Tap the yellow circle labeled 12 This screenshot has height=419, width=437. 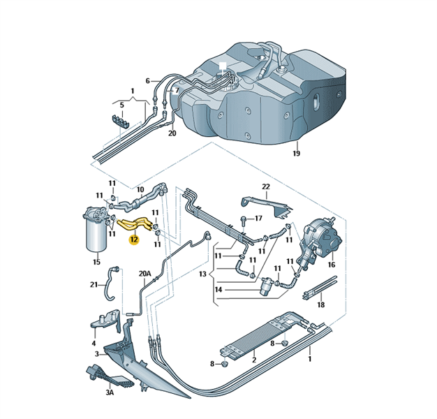(x=134, y=240)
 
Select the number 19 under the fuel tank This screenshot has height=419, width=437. (x=296, y=154)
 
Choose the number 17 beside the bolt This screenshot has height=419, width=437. (x=258, y=219)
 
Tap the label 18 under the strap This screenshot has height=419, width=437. (x=321, y=304)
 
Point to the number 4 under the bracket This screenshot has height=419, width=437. (x=94, y=344)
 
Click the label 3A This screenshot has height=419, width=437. (x=110, y=393)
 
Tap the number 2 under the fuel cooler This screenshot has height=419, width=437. (x=255, y=360)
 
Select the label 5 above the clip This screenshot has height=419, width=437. (x=121, y=105)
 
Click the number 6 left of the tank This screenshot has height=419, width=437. (x=148, y=81)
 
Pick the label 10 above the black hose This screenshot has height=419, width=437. (x=140, y=189)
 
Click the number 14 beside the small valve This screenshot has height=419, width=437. (x=218, y=290)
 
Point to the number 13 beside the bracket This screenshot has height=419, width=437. (x=202, y=274)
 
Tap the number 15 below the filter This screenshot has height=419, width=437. (x=97, y=262)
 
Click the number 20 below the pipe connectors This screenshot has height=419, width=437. (x=172, y=133)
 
